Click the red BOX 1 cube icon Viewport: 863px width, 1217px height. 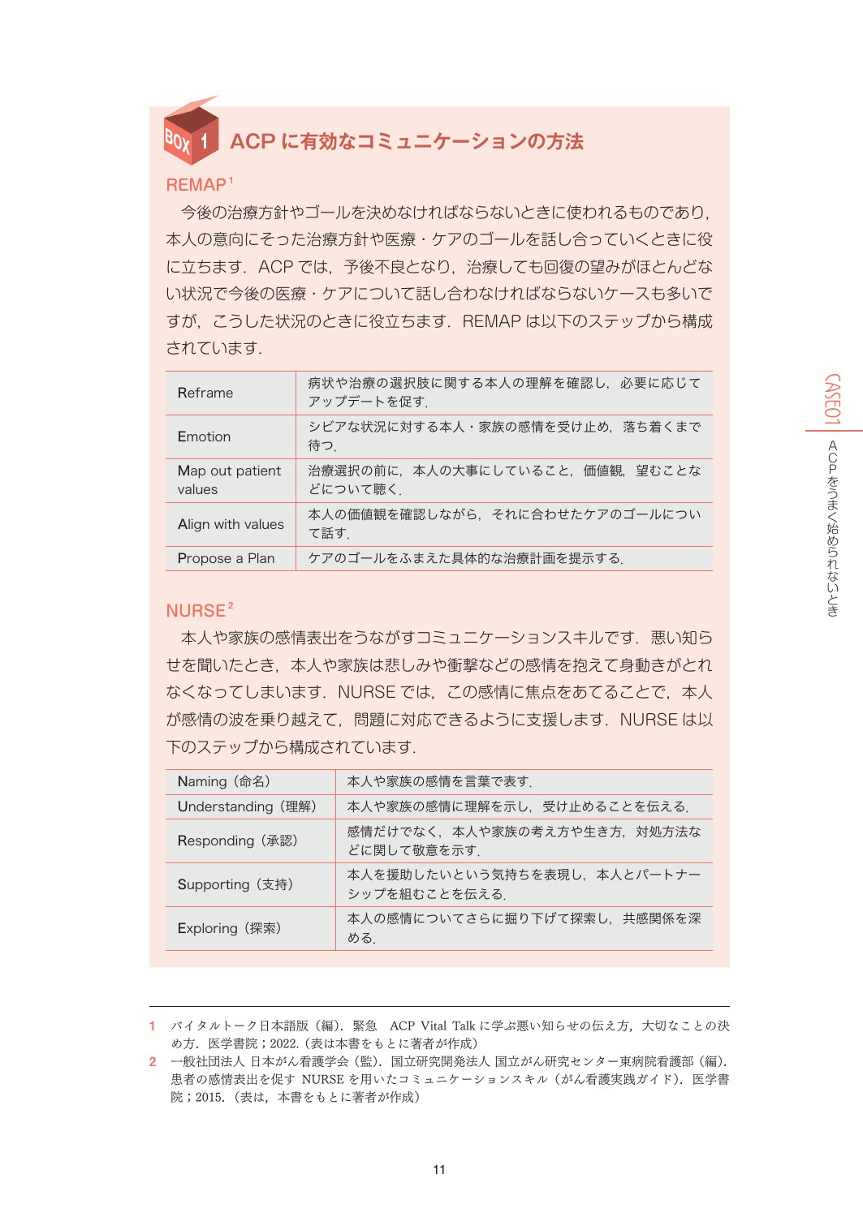pyautogui.click(x=191, y=133)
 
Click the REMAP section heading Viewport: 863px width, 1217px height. pyautogui.click(x=196, y=185)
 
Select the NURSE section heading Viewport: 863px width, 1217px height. pyautogui.click(x=196, y=611)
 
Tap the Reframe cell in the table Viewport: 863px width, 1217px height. pyautogui.click(x=205, y=393)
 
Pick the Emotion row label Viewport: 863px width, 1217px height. pyautogui.click(x=204, y=436)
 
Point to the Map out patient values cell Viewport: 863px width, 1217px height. pyautogui.click(x=229, y=479)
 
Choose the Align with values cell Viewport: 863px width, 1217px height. pyautogui.click(x=231, y=524)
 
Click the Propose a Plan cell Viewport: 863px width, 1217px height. pyautogui.click(x=226, y=558)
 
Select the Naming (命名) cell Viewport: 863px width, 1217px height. pyautogui.click(x=224, y=781)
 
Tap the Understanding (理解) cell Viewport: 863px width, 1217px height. pyautogui.click(x=247, y=806)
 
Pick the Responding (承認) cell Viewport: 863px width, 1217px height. pyautogui.click(x=238, y=841)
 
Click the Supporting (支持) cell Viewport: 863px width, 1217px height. pyautogui.click(x=235, y=884)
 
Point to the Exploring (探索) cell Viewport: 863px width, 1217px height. pyautogui.click(x=230, y=928)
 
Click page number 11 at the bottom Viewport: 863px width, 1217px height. pyautogui.click(x=439, y=1169)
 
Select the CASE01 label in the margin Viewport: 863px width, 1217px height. pyautogui.click(x=832, y=398)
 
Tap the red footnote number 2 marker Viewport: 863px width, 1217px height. pyautogui.click(x=153, y=1061)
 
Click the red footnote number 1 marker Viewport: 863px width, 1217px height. pyautogui.click(x=153, y=1026)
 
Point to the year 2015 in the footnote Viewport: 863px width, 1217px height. pyautogui.click(x=209, y=1097)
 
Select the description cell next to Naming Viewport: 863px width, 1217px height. pyautogui.click(x=439, y=781)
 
